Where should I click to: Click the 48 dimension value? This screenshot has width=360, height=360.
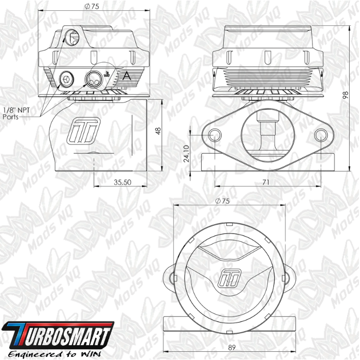coord(158,131)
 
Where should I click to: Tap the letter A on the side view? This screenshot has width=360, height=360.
coord(127,76)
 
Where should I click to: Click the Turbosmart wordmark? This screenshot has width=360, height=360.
coord(58,335)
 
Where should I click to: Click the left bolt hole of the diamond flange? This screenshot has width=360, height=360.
coord(215,135)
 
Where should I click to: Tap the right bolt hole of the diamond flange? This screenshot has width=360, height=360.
coord(321,135)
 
